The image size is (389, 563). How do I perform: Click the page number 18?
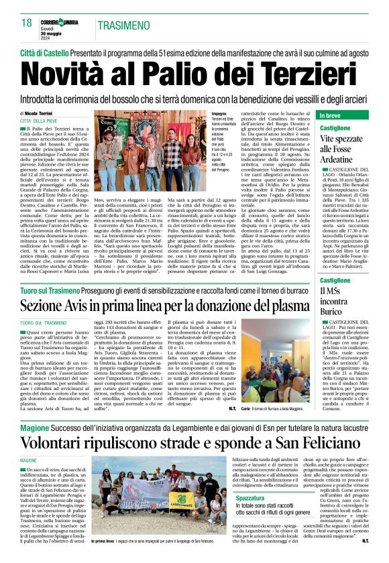pos(25,23)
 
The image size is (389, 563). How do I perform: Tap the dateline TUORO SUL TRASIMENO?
pos(48,323)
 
